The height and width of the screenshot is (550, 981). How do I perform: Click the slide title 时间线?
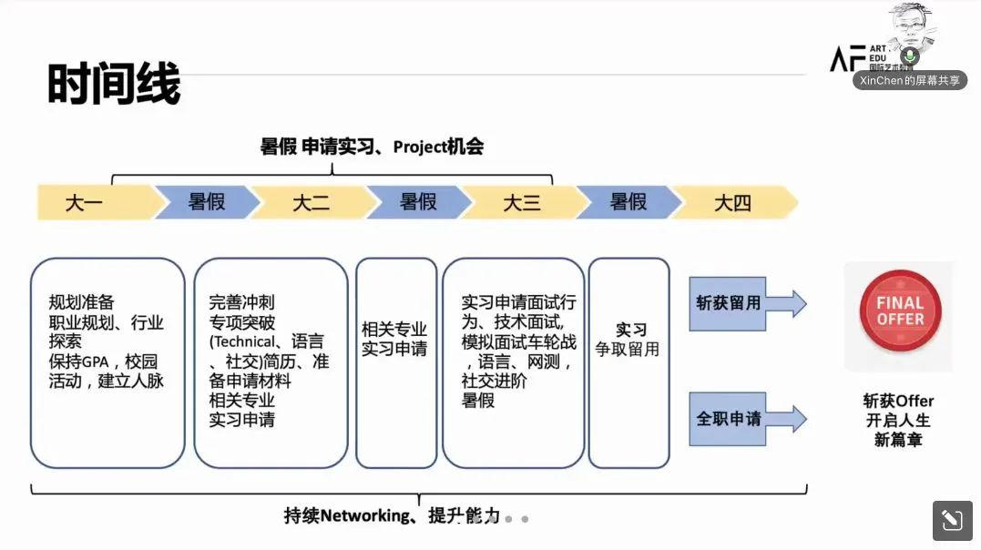(x=114, y=85)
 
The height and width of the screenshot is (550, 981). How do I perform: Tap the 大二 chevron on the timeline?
(x=311, y=202)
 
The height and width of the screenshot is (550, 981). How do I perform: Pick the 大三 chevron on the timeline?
(x=522, y=202)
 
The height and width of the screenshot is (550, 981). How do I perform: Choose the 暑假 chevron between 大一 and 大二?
(x=206, y=202)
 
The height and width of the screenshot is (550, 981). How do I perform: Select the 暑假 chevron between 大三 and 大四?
(x=628, y=202)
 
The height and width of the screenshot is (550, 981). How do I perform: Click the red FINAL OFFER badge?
(x=900, y=311)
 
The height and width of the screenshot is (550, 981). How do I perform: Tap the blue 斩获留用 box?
(x=728, y=303)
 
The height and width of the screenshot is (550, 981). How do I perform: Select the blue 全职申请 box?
(x=728, y=419)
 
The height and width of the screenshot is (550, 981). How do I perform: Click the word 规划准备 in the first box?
(x=82, y=302)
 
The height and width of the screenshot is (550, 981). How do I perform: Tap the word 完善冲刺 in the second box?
(x=241, y=302)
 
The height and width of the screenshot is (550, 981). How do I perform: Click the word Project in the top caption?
(x=420, y=147)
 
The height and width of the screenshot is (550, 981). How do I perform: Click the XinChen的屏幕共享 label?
(x=910, y=80)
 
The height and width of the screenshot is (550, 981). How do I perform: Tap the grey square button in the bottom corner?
(x=952, y=520)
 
